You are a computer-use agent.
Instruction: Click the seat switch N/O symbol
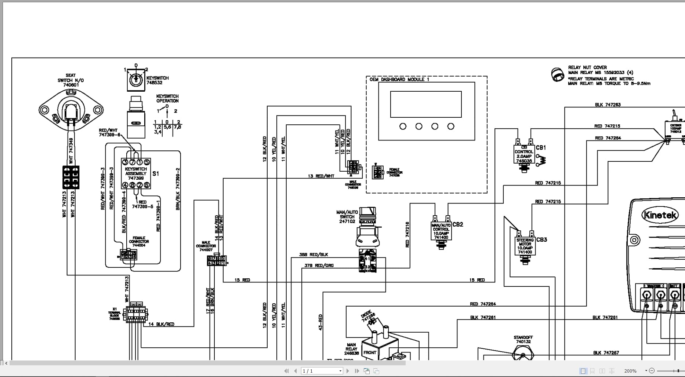coord(71,110)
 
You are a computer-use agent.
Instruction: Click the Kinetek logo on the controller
coord(660,215)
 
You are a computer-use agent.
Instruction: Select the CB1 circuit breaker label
coord(541,147)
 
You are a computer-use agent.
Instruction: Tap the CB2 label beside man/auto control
coord(458,224)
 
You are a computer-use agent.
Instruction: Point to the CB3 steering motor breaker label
coord(541,239)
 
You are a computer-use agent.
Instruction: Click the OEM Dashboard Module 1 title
coord(399,80)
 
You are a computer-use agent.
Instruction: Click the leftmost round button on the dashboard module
coord(403,127)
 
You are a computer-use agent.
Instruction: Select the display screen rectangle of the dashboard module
coord(426,104)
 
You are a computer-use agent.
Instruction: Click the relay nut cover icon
coord(558,74)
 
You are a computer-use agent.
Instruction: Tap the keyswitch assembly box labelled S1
coord(136,174)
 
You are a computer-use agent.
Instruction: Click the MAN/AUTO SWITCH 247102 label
coord(347,217)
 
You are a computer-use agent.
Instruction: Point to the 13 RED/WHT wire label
coord(321,176)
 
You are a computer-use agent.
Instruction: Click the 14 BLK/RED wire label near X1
coord(161,324)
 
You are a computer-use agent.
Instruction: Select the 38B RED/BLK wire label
coord(313,255)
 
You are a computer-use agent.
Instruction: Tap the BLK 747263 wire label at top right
coord(608,105)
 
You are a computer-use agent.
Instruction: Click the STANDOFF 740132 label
coord(523,339)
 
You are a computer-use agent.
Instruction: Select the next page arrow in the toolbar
coord(348,371)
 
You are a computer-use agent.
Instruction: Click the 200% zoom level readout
coord(630,371)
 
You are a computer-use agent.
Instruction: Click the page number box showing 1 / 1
coord(322,371)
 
